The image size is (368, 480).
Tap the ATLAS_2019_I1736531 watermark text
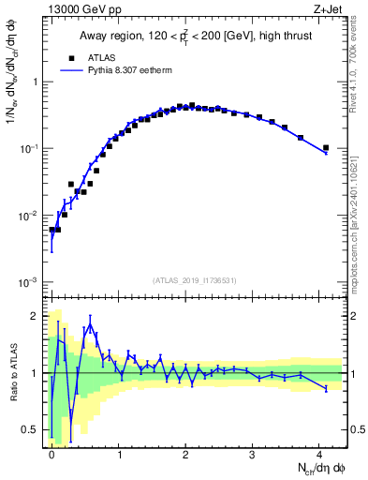[195, 280]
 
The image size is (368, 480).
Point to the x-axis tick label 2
[185, 453]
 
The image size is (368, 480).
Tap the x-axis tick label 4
[320, 453]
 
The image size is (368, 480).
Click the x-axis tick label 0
[52, 453]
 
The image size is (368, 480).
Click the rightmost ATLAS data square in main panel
[326, 147]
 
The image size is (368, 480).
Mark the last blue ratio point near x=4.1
[326, 388]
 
